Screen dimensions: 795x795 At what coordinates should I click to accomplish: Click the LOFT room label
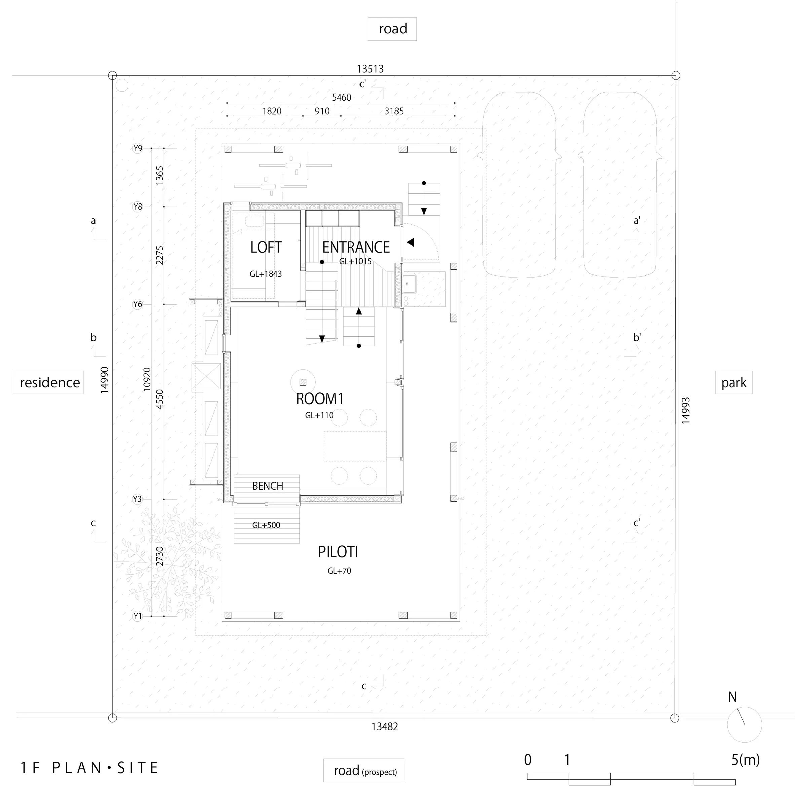[x=266, y=247]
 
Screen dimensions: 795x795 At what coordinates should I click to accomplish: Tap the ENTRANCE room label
[x=356, y=247]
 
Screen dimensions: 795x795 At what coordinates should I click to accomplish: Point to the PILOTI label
[x=338, y=552]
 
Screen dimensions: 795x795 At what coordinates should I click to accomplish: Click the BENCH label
[x=267, y=486]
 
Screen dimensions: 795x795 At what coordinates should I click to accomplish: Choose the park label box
[x=734, y=383]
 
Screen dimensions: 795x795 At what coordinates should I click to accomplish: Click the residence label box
[x=48, y=383]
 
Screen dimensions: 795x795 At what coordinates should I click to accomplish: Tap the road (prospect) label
[x=364, y=770]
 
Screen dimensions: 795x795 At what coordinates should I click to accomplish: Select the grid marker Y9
[x=138, y=148]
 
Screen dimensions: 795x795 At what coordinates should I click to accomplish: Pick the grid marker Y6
[x=138, y=304]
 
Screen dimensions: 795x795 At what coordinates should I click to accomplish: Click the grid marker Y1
[x=138, y=616]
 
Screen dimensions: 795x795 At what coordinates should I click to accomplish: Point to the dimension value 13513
[x=370, y=69]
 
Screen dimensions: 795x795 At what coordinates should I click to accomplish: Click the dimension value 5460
[x=342, y=98]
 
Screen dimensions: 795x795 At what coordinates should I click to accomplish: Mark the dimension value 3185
[x=394, y=111]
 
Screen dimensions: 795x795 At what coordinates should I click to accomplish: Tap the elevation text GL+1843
[x=265, y=274]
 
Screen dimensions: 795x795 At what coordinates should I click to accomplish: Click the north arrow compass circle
[x=744, y=725]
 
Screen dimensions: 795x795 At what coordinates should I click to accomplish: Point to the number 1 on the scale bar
[x=567, y=760]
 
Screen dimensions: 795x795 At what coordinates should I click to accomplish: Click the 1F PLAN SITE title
[x=90, y=768]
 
